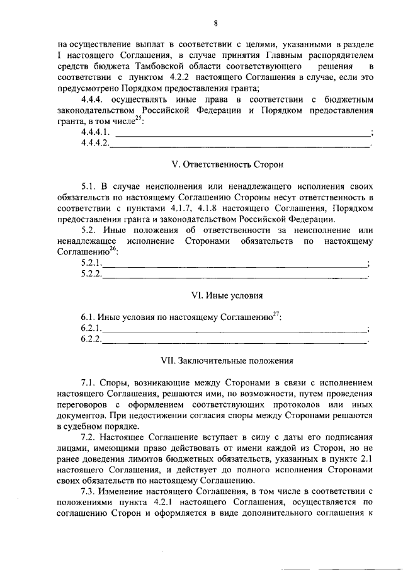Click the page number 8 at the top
(215, 24)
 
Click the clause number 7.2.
(89, 436)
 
